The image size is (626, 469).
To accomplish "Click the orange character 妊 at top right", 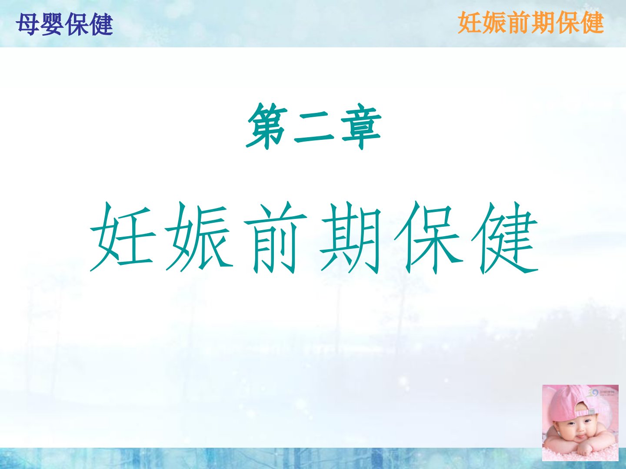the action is [x=470, y=23].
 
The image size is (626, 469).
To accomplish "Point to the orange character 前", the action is [x=519, y=23].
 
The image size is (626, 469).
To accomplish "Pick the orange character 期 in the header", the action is [x=543, y=23].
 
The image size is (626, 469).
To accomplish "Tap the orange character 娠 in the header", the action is [x=495, y=23].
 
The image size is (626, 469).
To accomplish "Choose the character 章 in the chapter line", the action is [x=361, y=126].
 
